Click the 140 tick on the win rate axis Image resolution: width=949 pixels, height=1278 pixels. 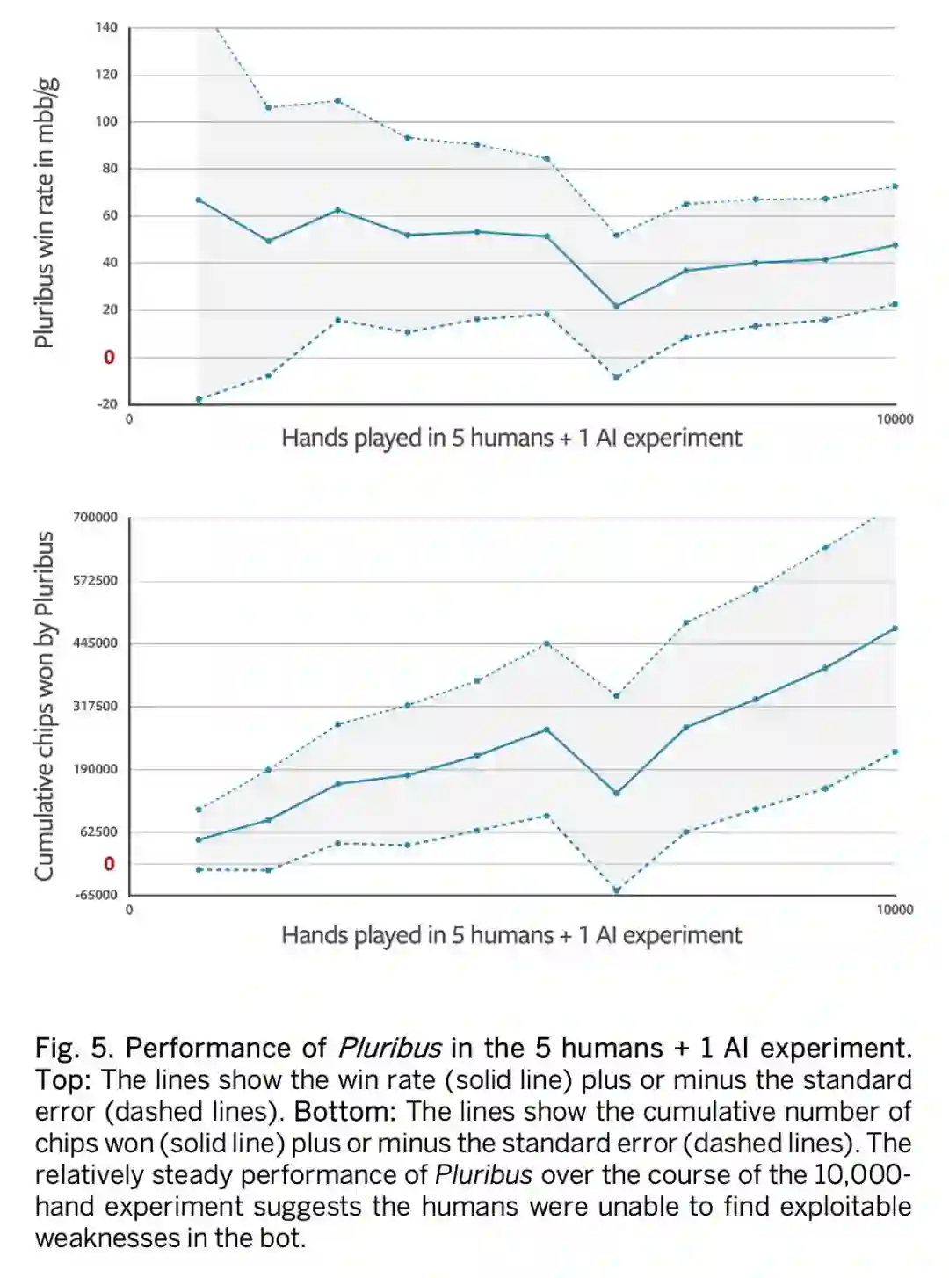pyautogui.click(x=106, y=27)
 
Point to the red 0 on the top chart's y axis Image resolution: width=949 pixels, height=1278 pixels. pyautogui.click(x=109, y=357)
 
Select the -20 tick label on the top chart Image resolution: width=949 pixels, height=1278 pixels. pyautogui.click(x=106, y=404)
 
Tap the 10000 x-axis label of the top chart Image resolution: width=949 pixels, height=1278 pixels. pyautogui.click(x=895, y=419)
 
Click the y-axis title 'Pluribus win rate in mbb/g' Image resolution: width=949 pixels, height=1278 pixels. pyautogui.click(x=46, y=213)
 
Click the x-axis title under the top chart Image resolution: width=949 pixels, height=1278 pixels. pyautogui.click(x=511, y=438)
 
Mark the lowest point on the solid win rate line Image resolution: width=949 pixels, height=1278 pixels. pyautogui.click(x=616, y=306)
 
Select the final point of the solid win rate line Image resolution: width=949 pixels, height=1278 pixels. pyautogui.click(x=895, y=244)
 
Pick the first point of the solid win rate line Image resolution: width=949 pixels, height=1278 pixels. pyautogui.click(x=199, y=200)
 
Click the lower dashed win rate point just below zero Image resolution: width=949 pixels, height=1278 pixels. pyautogui.click(x=616, y=377)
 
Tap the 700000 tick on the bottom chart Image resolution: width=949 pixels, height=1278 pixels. pyautogui.click(x=95, y=517)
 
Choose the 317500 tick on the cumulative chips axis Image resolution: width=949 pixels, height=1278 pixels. pyautogui.click(x=95, y=706)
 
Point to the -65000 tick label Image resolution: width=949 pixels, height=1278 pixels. pyautogui.click(x=95, y=895)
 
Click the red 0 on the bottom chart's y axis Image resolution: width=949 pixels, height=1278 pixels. pyautogui.click(x=109, y=864)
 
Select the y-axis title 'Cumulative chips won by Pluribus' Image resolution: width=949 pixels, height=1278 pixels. pyautogui.click(x=44, y=706)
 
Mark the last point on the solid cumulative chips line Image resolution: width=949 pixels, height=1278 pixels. pyautogui.click(x=895, y=628)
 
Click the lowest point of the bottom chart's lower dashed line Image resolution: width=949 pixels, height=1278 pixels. pyautogui.click(x=616, y=890)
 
